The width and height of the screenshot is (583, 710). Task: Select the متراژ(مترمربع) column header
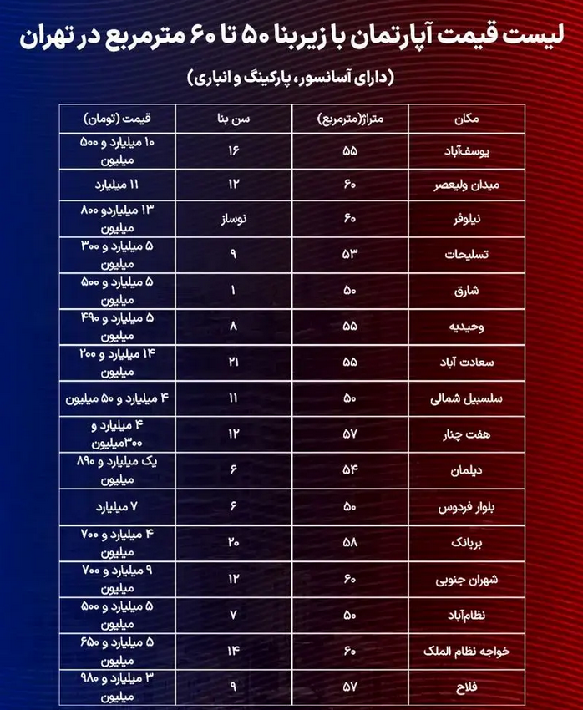coord(348,119)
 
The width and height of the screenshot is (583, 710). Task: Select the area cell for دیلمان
coord(348,471)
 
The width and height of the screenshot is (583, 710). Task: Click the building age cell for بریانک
coord(234,543)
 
